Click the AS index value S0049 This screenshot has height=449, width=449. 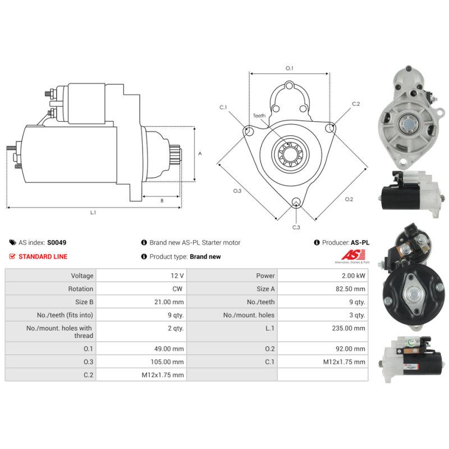click(x=57, y=242)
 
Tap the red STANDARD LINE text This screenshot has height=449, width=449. click(x=43, y=256)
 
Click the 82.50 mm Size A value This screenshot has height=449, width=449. click(x=350, y=288)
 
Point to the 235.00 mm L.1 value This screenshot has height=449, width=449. click(x=349, y=328)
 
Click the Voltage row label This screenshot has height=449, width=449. click(x=82, y=276)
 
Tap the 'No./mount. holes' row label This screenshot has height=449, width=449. click(x=249, y=315)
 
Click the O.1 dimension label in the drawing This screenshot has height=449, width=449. click(x=290, y=68)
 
